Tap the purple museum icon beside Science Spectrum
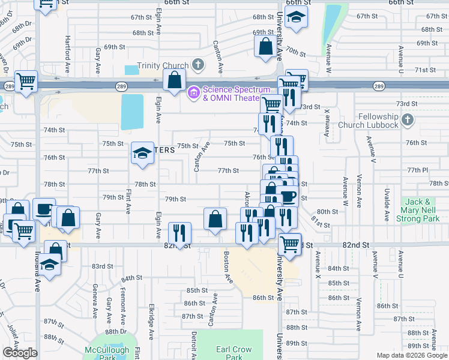[194, 92]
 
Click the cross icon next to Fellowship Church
[407, 120]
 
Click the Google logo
[20, 352]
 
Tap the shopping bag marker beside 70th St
[266, 46]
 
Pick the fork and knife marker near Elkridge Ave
[179, 232]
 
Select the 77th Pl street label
[418, 170]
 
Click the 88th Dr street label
[116, 331]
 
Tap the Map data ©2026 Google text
[412, 355]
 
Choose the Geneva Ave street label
[95, 304]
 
